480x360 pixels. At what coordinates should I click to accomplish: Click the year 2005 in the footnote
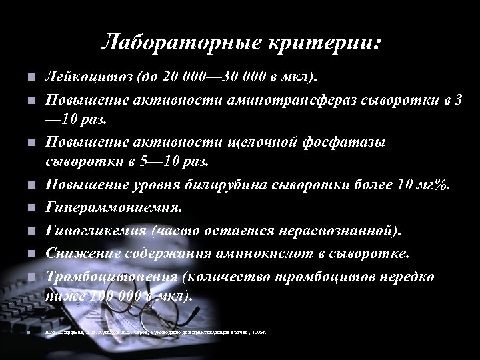pos(254,331)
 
